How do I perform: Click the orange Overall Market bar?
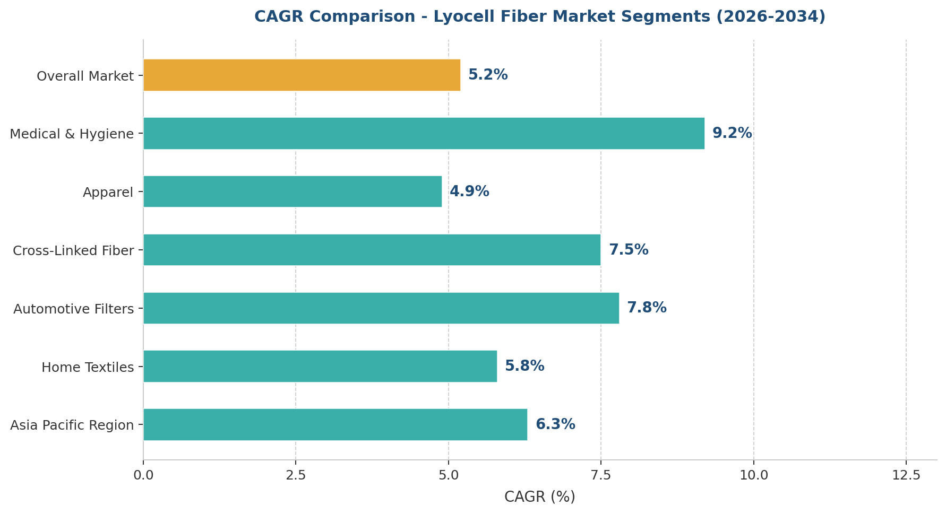302,75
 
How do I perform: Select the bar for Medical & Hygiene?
424,133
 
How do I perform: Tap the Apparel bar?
293,191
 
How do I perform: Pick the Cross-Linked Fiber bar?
372,250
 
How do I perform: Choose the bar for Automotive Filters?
381,308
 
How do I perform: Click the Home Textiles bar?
320,366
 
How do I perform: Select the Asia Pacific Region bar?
335,424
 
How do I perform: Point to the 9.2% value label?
732,133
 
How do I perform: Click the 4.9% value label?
469,191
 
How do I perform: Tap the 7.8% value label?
647,308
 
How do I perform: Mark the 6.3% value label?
555,424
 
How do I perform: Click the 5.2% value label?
488,75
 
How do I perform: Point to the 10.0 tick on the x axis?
754,475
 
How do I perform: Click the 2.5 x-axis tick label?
296,475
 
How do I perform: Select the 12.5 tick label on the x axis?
906,475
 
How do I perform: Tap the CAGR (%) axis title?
539,497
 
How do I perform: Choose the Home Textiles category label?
88,367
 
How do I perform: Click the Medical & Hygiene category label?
72,134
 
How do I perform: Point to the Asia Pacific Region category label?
72,425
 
